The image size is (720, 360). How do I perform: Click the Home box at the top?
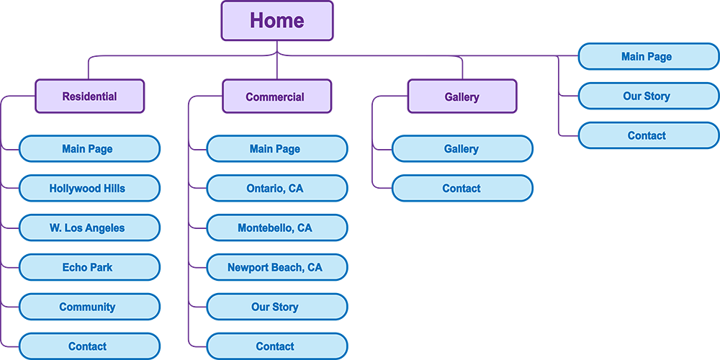[x=277, y=21]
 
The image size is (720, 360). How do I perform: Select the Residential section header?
[x=90, y=96]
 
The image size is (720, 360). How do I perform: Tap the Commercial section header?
[x=276, y=96]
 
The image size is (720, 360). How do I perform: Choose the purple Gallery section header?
[x=462, y=96]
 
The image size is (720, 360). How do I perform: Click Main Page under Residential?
[x=89, y=149]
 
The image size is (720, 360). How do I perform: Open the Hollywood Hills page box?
[x=89, y=189]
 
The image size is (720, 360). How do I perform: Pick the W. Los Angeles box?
[x=89, y=228]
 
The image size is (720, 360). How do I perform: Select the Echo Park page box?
[x=89, y=267]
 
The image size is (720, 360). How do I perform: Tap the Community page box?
[x=89, y=307]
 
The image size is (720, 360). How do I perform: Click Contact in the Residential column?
[x=89, y=346]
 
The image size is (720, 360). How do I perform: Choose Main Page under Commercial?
[x=276, y=149]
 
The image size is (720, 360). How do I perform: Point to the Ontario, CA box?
[x=276, y=189]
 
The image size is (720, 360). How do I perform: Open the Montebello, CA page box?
[x=276, y=228]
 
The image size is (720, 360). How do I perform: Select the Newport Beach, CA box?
[x=276, y=267]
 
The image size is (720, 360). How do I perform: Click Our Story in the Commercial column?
[x=276, y=307]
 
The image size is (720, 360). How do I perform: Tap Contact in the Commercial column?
[x=276, y=346]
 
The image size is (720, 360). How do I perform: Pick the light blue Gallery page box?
[x=462, y=149]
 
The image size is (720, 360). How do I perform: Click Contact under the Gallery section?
[x=462, y=189]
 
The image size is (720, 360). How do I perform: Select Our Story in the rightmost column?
[x=648, y=96]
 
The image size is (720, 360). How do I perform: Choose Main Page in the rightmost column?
[x=648, y=56]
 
